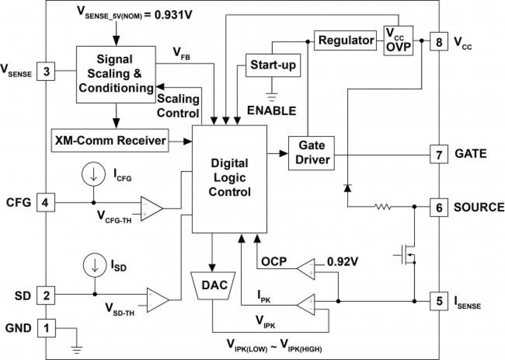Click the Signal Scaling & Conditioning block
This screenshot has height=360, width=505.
coord(116,74)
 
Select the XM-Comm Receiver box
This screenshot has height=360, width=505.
coord(110,141)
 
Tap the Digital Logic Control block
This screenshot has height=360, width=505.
coord(230,178)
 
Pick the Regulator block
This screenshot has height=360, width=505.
coord(346,41)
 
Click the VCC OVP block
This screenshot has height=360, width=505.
coord(398,40)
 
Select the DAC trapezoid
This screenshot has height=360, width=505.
coord(212,286)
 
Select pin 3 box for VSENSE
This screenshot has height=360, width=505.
coord(46,72)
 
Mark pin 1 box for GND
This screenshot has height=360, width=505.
coord(46,328)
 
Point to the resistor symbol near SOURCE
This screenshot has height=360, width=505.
coord(382,207)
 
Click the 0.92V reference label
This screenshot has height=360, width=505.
coord(342,262)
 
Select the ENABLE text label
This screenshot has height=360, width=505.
coord(272,110)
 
